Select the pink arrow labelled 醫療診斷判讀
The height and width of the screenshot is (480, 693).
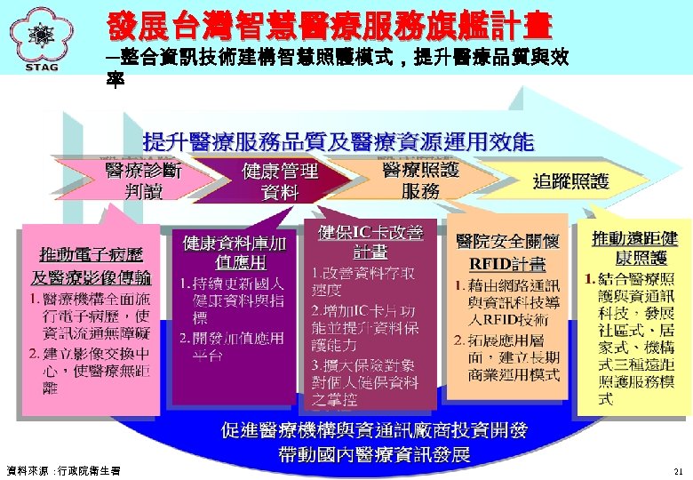(142, 180)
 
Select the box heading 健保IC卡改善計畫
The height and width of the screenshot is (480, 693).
(370, 241)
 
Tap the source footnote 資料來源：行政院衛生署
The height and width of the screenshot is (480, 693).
(62, 470)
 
